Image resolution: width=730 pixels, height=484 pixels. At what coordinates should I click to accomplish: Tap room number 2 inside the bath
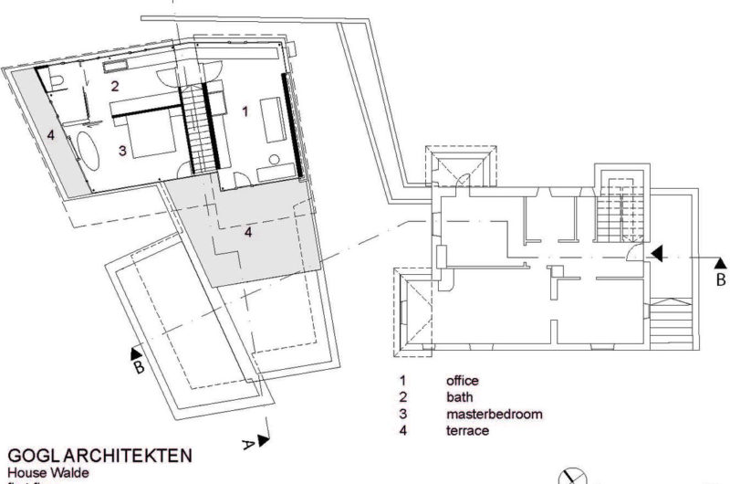point(116,87)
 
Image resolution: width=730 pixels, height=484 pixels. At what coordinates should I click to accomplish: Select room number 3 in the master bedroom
point(121,149)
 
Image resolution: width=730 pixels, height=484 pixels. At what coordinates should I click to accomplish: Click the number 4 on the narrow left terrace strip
point(52,135)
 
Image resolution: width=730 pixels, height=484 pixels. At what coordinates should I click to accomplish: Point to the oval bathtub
point(89,150)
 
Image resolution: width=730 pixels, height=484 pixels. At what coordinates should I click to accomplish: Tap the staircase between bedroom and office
point(201,128)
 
